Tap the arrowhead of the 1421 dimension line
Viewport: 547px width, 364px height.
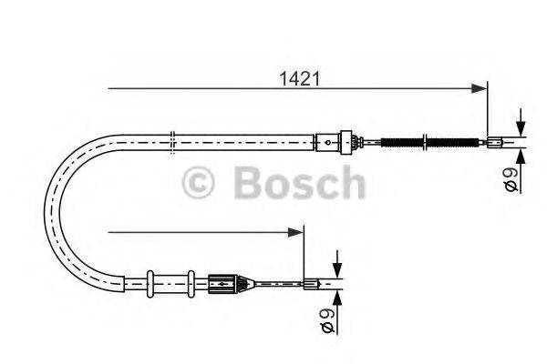[x=480, y=88]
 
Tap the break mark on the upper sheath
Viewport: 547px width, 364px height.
[x=172, y=140]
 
